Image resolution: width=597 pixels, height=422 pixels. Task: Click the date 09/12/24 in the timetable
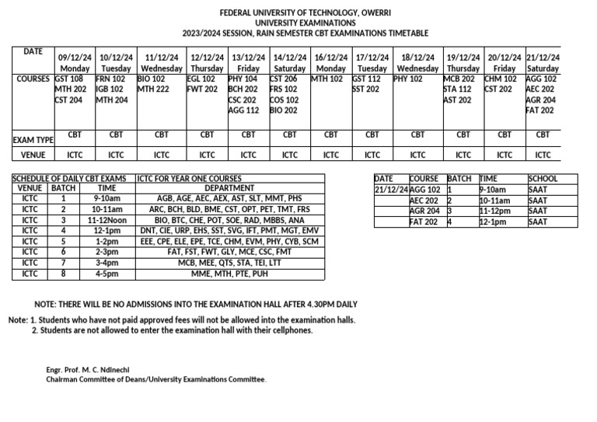click(x=75, y=58)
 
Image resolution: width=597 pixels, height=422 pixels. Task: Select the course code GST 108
click(x=69, y=78)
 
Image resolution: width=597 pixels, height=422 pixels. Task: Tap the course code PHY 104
click(x=243, y=78)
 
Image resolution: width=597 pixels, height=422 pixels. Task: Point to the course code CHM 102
click(x=500, y=78)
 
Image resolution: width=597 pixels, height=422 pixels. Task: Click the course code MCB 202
click(x=458, y=78)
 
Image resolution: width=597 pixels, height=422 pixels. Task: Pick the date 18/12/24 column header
click(x=417, y=58)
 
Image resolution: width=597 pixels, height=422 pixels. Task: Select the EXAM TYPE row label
click(x=33, y=140)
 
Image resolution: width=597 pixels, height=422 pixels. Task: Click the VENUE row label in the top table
click(x=33, y=155)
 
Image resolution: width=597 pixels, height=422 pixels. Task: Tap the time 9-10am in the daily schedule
click(x=107, y=198)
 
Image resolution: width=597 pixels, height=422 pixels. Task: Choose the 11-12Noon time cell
click(x=107, y=220)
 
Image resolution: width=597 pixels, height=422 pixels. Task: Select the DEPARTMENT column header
click(x=229, y=188)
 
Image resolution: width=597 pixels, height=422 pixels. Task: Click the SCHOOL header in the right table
click(x=543, y=179)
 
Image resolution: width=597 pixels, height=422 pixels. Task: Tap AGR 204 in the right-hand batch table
click(x=424, y=211)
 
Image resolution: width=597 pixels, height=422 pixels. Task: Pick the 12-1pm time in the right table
click(x=494, y=221)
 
